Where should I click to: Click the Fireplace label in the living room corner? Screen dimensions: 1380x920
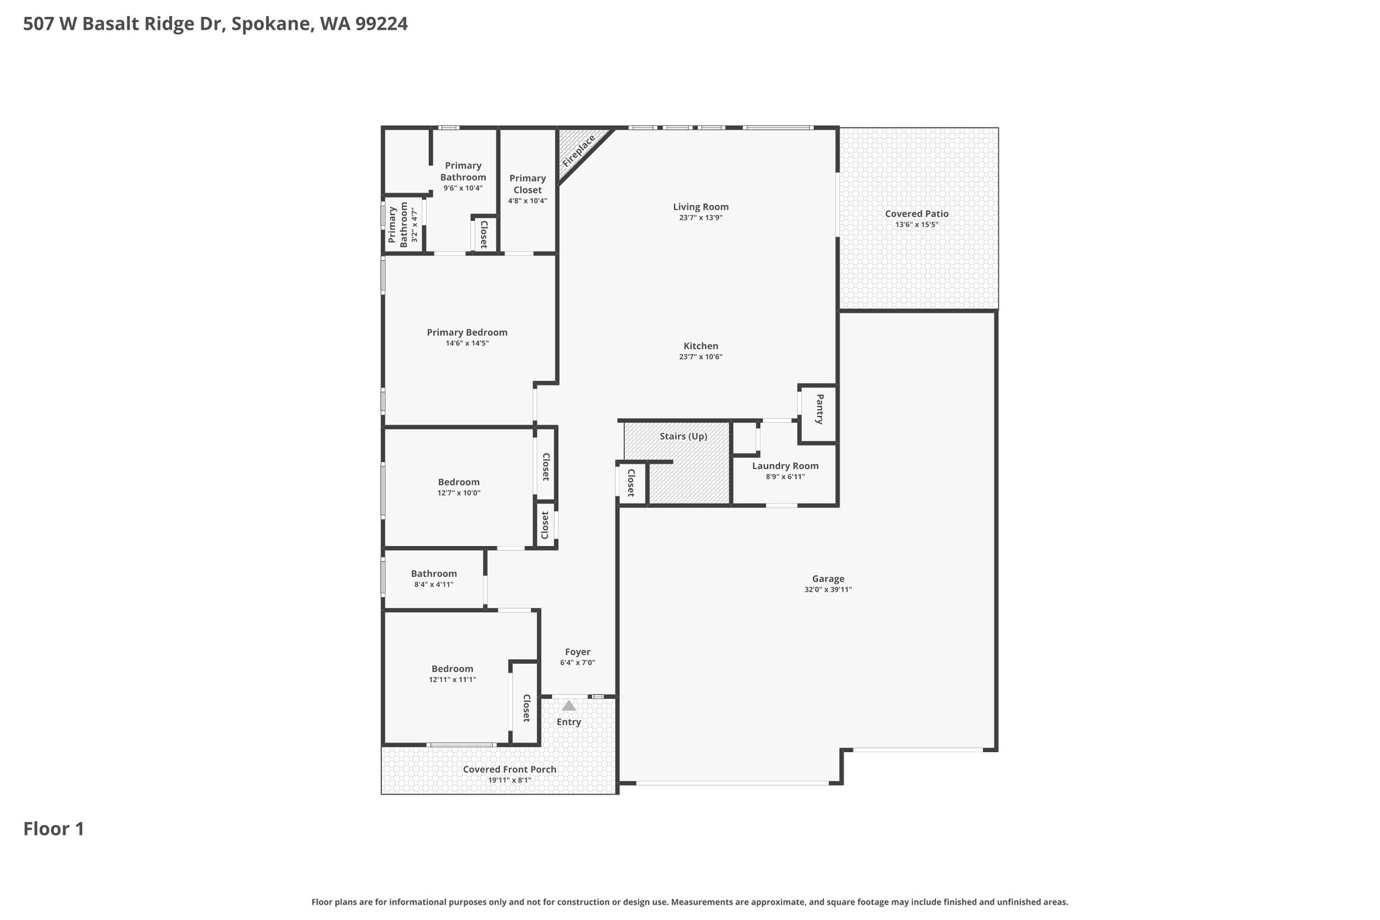coord(579,151)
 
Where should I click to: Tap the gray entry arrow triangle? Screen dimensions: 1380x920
coord(569,705)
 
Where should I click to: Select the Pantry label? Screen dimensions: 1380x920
coord(819,409)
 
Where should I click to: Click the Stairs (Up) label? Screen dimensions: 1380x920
coord(683,436)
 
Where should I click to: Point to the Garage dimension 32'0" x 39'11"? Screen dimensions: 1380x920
coord(828,590)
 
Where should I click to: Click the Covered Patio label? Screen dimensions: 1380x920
coord(916,214)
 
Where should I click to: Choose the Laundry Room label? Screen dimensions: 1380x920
coord(785,466)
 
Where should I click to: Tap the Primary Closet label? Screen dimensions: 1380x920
coord(528,184)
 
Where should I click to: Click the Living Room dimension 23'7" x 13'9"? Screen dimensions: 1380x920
coord(701,218)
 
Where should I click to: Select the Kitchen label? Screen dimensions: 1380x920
coord(701,346)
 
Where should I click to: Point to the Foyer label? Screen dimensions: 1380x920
coord(577,652)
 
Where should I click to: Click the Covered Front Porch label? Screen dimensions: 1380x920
coord(509,769)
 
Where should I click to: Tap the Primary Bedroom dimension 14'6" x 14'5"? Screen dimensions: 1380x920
coord(467,343)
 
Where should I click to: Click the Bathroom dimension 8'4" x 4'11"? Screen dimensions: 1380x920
coord(434,584)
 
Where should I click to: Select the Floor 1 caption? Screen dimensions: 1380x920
coord(54,829)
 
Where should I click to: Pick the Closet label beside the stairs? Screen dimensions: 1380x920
coord(631,483)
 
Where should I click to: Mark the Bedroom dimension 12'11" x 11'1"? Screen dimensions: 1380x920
coord(452,679)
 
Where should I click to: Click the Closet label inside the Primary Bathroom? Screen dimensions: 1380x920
coord(483,234)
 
